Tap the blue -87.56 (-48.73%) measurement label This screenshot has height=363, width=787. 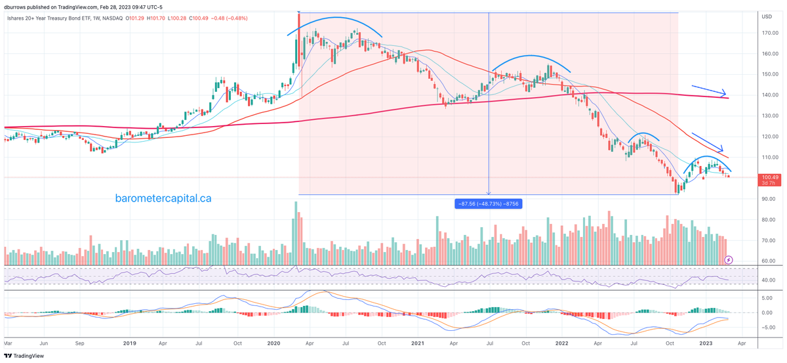tap(488, 203)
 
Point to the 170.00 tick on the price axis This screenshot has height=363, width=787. tap(770, 33)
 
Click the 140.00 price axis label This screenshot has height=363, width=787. tap(770, 95)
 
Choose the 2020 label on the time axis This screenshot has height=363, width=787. tap(273, 343)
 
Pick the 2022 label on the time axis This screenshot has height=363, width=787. tap(561, 343)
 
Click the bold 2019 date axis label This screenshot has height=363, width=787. tap(130, 343)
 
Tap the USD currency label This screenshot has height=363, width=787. tap(766, 16)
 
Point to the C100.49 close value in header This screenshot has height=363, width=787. tap(200, 18)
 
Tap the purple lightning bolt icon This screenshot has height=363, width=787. tap(729, 260)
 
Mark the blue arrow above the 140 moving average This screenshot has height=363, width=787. tap(709, 90)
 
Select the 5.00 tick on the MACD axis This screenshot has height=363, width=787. tap(769, 298)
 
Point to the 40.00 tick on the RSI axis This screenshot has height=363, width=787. tap(769, 280)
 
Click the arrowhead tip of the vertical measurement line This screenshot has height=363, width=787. tap(489, 194)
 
